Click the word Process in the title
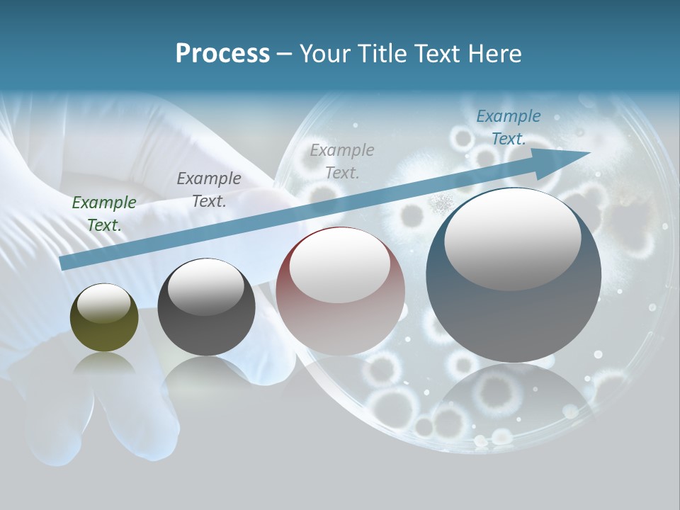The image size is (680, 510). coord(222,54)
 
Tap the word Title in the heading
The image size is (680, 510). coord(380,54)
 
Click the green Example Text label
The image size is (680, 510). coord(104,213)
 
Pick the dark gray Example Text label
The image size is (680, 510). coord(209,189)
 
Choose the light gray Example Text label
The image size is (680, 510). coord(342,161)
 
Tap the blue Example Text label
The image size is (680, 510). coord(509,127)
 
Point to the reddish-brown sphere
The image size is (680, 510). coord(341,322)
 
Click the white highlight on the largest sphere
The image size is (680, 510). coord(512,237)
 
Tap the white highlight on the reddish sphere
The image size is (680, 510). coord(339,266)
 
